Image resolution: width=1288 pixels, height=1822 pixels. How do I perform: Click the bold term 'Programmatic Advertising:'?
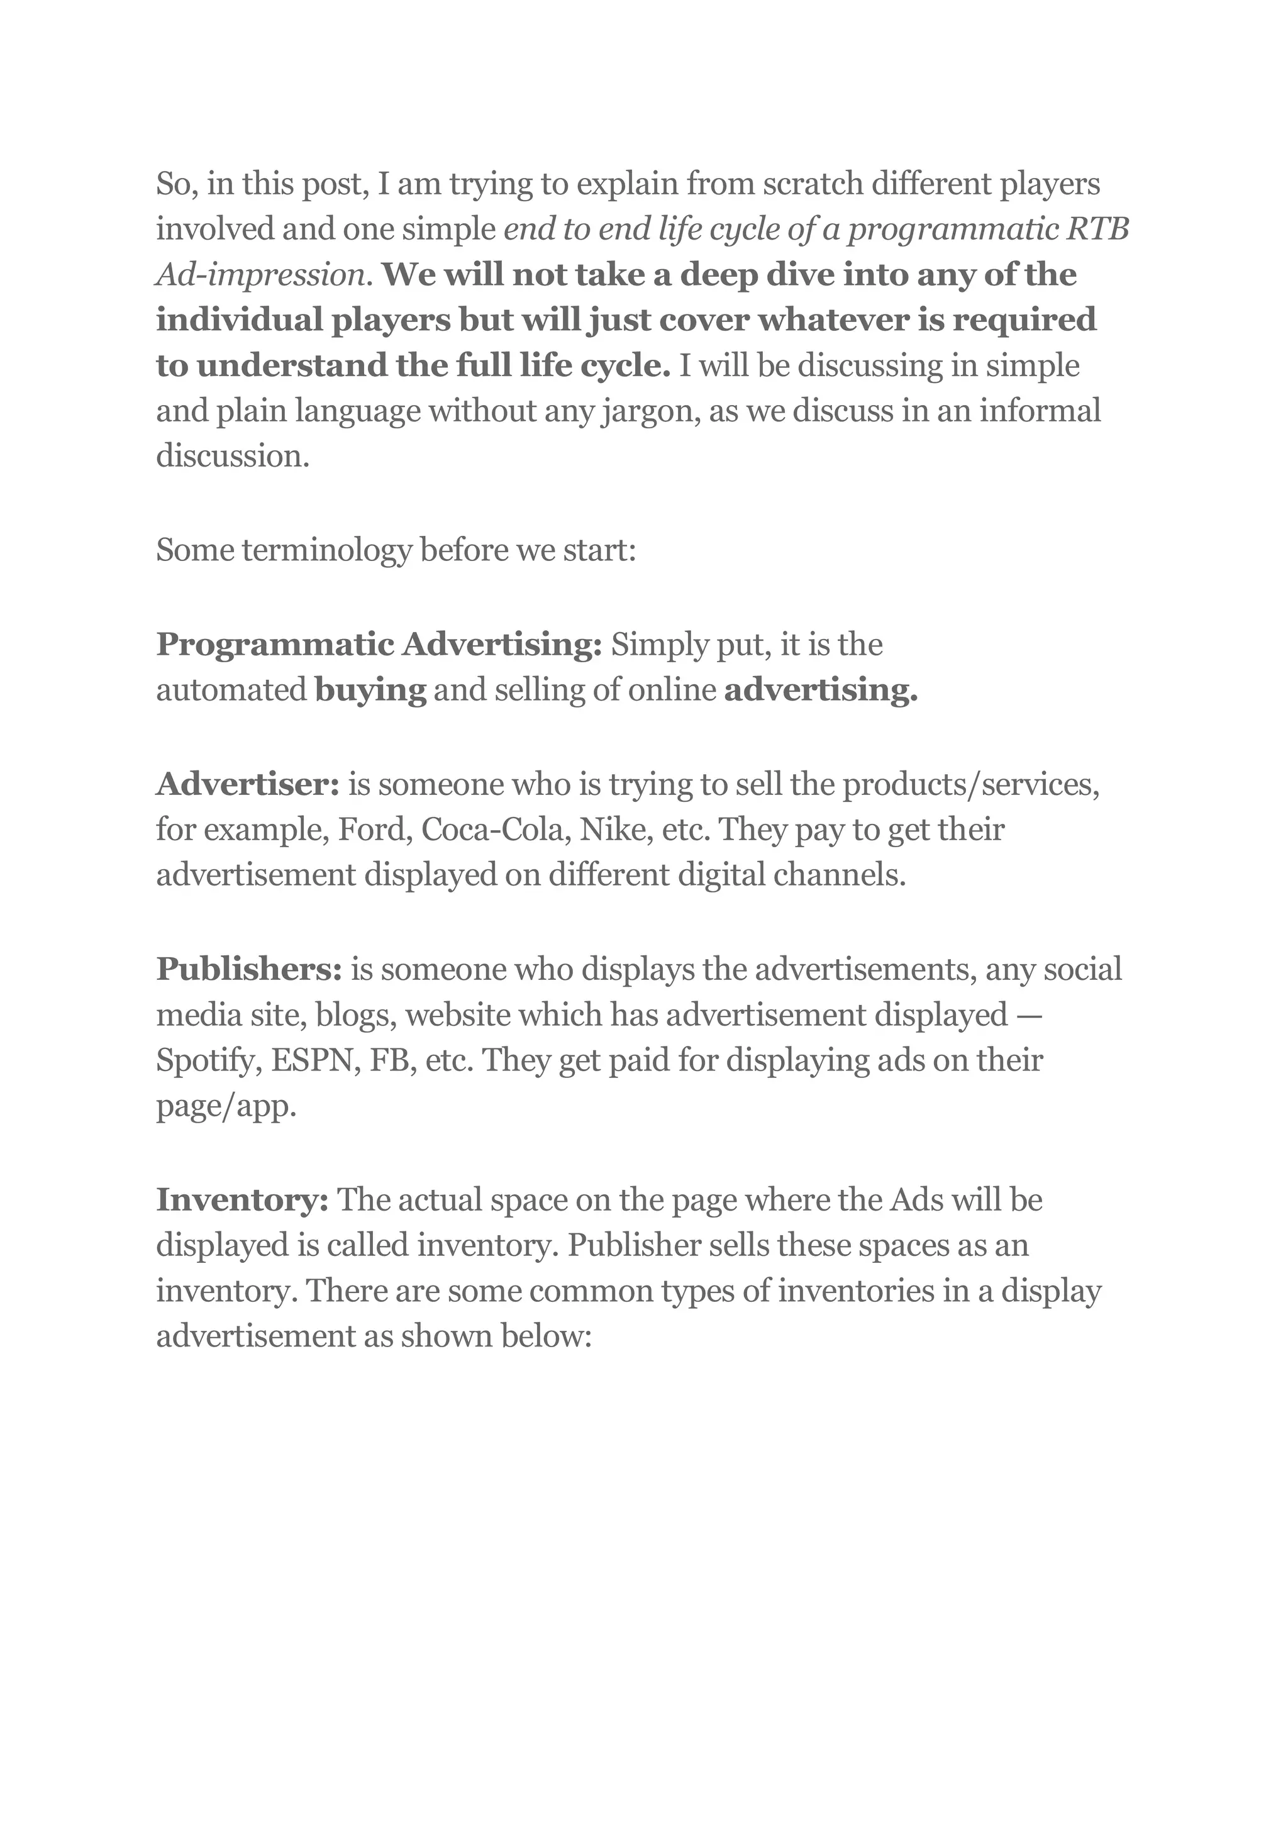(379, 645)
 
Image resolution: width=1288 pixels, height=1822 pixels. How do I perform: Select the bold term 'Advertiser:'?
(248, 784)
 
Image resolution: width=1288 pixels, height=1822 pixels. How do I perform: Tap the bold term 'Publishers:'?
(249, 970)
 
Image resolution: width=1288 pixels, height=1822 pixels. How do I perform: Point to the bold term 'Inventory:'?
(243, 1200)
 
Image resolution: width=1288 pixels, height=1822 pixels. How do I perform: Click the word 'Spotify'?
(209, 1062)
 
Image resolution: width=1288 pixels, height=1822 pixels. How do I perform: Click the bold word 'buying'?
(370, 691)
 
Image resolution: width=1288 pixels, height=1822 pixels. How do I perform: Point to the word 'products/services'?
(970, 784)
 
